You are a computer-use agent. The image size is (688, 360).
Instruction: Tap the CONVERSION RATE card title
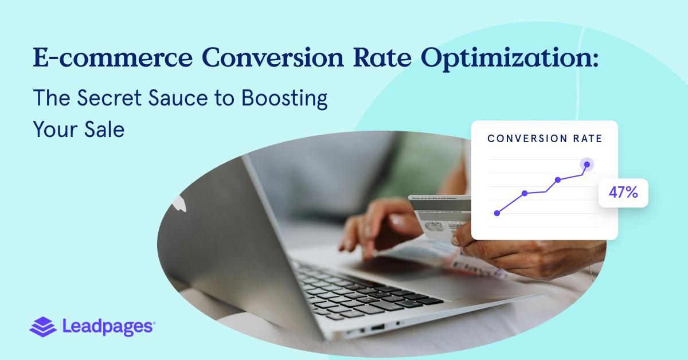[x=544, y=139]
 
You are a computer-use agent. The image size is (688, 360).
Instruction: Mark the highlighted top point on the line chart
[x=586, y=165]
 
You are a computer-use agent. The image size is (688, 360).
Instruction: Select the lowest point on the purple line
[x=497, y=213]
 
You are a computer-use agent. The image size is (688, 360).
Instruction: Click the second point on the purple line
[x=525, y=193]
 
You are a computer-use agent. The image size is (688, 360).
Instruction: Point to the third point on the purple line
[x=557, y=180]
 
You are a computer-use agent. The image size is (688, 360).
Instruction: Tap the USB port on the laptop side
[x=377, y=328]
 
